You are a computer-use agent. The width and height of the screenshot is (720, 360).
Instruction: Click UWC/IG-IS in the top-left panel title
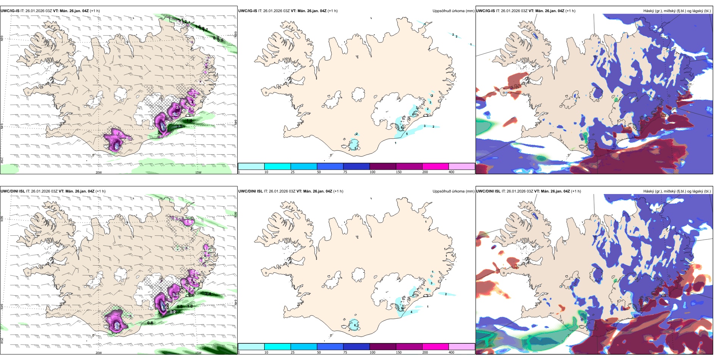pyautogui.click(x=10, y=11)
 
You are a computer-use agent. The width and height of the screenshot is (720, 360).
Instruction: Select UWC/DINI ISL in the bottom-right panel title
pyautogui.click(x=488, y=191)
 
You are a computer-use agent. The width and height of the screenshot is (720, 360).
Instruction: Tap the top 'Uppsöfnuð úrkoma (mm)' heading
pyautogui.click(x=453, y=11)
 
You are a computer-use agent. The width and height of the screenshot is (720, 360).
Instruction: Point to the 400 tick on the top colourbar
pyautogui.click(x=451, y=172)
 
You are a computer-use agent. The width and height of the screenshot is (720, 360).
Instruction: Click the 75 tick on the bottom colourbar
pyautogui.click(x=345, y=352)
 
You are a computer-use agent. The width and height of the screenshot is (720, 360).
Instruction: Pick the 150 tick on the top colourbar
pyautogui.click(x=398, y=172)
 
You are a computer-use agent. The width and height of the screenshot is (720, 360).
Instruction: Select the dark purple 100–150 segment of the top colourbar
pyautogui.click(x=383, y=166)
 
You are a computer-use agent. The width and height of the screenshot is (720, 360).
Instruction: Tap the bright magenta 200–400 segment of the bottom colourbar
pyautogui.click(x=435, y=347)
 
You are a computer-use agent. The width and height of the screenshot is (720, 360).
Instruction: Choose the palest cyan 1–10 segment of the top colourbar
pyautogui.click(x=251, y=166)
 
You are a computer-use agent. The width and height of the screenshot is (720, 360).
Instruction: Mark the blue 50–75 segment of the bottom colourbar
pyautogui.click(x=330, y=347)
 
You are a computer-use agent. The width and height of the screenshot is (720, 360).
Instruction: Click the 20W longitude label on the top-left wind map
pyautogui.click(x=99, y=172)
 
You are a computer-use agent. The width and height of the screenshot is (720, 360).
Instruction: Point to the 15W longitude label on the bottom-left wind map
pyautogui.click(x=198, y=353)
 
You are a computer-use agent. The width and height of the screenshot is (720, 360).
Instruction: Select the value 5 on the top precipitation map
pyautogui.click(x=407, y=134)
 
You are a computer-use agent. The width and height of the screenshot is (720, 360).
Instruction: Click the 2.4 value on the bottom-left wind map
pyautogui.click(x=208, y=293)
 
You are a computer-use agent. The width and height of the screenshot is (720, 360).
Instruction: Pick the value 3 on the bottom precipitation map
pyautogui.click(x=431, y=283)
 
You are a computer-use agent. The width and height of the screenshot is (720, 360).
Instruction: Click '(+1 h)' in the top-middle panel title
pyautogui.click(x=332, y=11)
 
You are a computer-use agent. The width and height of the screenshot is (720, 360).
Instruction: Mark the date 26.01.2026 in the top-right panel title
pyautogui.click(x=510, y=11)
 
